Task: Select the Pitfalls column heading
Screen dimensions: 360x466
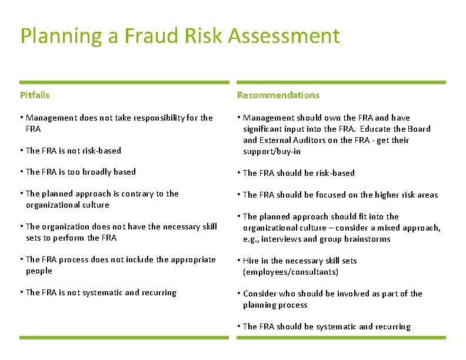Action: click(x=35, y=95)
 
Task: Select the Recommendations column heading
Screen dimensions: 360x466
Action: click(x=278, y=95)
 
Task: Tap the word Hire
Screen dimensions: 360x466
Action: click(x=251, y=261)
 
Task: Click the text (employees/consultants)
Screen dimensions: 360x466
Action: click(x=291, y=272)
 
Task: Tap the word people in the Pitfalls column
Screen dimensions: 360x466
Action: click(x=39, y=271)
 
